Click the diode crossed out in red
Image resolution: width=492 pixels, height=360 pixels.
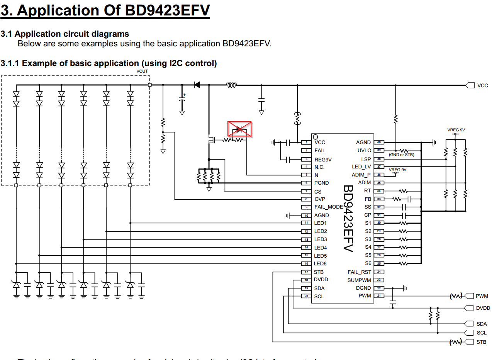pyautogui.click(x=239, y=129)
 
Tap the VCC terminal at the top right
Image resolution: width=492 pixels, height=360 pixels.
pyautogui.click(x=470, y=85)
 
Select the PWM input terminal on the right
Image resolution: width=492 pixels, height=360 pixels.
pyautogui.click(x=469, y=296)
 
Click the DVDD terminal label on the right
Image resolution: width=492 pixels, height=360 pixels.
pyautogui.click(x=483, y=308)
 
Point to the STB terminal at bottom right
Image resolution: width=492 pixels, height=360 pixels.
pyautogui.click(x=469, y=342)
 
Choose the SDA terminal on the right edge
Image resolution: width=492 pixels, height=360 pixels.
pyautogui.click(x=469, y=324)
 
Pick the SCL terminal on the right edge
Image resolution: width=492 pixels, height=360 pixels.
pyautogui.click(x=469, y=333)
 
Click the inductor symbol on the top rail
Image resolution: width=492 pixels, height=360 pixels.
pyautogui.click(x=231, y=85)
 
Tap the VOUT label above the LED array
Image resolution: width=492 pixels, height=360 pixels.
pyautogui.click(x=142, y=71)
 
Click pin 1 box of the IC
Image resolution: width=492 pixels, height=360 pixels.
pyautogui.click(x=306, y=143)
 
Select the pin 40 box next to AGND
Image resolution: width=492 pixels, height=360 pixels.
pyautogui.click(x=379, y=143)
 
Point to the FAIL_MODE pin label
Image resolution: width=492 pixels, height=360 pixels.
pyautogui.click(x=328, y=207)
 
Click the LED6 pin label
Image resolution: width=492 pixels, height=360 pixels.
pyautogui.click(x=321, y=264)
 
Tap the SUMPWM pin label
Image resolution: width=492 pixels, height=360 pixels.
pyautogui.click(x=359, y=280)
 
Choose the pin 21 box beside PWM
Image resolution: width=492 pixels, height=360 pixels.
pyautogui.click(x=379, y=296)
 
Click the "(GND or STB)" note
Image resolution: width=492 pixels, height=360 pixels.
pyautogui.click(x=402, y=155)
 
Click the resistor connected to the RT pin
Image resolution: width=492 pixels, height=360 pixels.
pyautogui.click(x=403, y=191)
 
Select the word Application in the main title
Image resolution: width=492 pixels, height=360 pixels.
pyautogui.click(x=58, y=10)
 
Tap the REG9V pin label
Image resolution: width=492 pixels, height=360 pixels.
pyautogui.click(x=323, y=160)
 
